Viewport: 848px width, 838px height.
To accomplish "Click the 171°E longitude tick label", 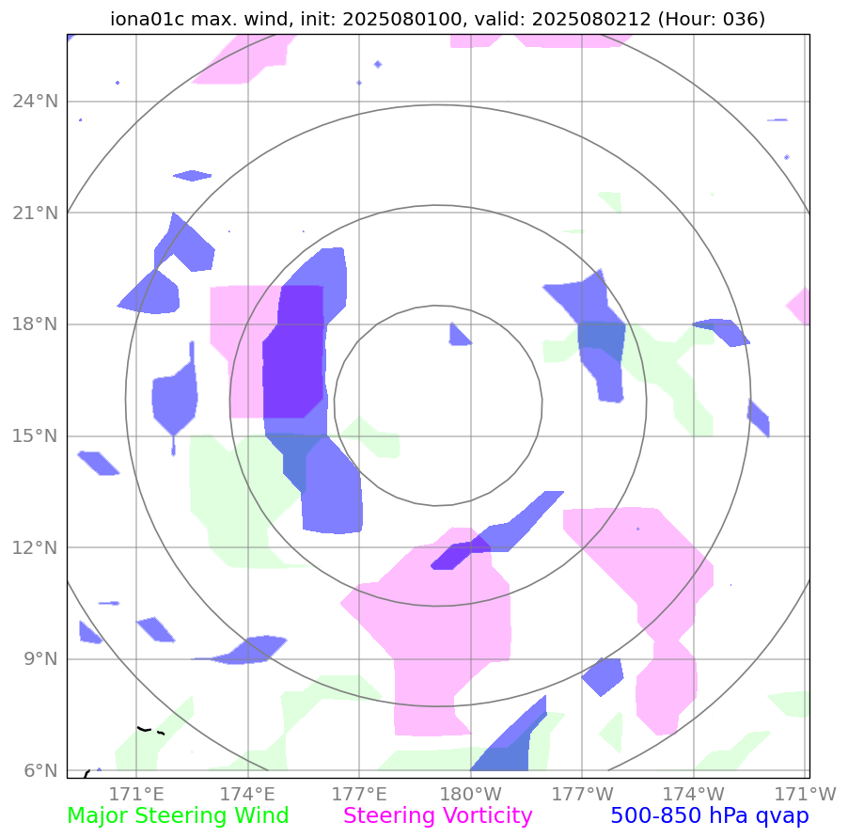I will pyautogui.click(x=137, y=793).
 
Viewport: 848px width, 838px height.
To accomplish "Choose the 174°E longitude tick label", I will pyautogui.click(x=248, y=793).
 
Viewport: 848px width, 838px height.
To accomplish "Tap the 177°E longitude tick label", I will pyautogui.click(x=360, y=793).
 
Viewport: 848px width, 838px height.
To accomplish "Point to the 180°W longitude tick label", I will pyautogui.click(x=470, y=793).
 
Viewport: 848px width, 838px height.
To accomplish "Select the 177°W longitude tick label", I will pyautogui.click(x=582, y=793).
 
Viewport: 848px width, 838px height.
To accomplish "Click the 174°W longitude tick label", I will pyautogui.click(x=694, y=793).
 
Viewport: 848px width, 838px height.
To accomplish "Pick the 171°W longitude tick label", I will pyautogui.click(x=806, y=793).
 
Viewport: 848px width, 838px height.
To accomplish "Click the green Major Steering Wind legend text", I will pyautogui.click(x=178, y=816).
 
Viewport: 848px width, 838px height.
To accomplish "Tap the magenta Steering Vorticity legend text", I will pyautogui.click(x=438, y=816).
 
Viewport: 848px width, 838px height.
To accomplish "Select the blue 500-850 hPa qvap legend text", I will pyautogui.click(x=710, y=816).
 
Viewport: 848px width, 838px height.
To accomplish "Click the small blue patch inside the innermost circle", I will pyautogui.click(x=459, y=335).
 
